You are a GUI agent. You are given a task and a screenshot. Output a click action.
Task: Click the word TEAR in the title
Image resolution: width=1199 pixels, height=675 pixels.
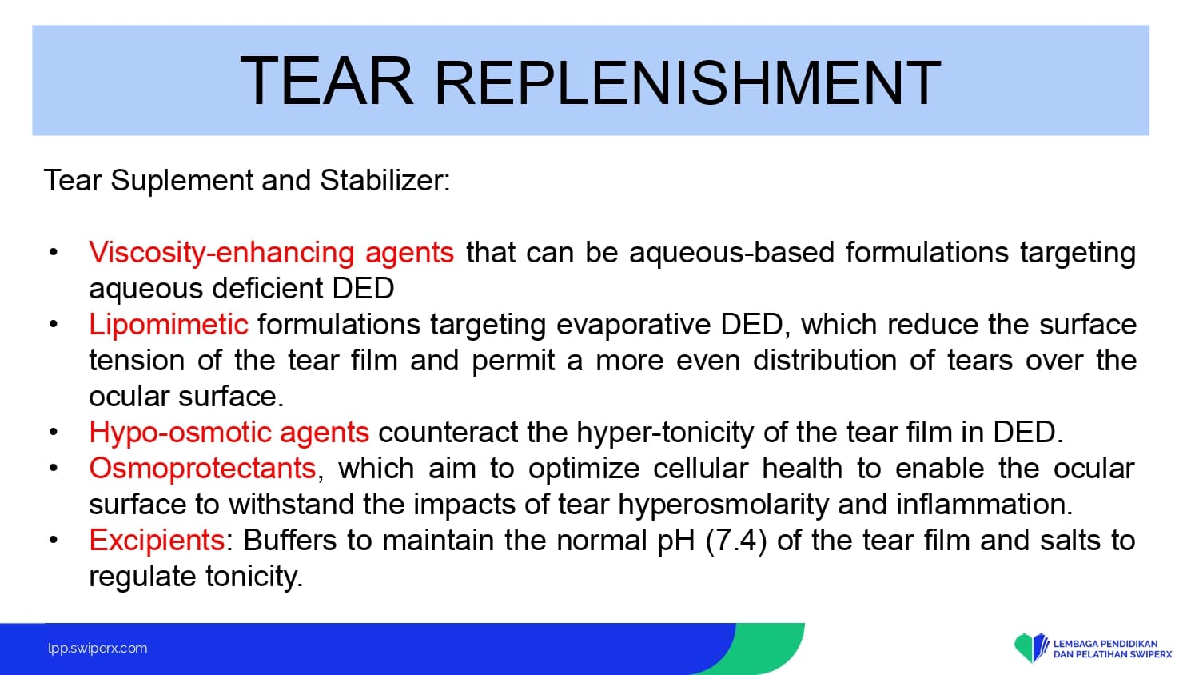[327, 82]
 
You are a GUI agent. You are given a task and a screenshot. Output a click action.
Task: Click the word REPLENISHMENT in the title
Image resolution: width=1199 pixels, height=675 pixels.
[687, 83]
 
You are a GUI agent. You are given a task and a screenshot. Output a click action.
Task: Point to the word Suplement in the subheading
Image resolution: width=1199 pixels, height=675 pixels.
[181, 181]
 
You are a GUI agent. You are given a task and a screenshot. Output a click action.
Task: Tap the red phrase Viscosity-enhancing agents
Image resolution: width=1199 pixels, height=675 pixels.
[272, 253]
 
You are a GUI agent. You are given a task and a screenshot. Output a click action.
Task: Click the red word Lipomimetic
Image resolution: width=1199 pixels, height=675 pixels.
[169, 325]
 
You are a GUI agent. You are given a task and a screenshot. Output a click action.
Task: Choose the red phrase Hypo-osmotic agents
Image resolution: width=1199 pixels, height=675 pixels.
[229, 433]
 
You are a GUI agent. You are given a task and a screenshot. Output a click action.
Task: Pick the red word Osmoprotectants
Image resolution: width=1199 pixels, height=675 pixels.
[202, 468]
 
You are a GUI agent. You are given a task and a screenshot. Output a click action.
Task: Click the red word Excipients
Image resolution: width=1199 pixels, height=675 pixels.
[157, 541]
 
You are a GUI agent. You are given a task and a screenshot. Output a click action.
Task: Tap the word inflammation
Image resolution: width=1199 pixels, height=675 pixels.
[984, 505]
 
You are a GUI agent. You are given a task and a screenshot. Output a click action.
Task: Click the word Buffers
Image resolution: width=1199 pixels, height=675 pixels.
[290, 541]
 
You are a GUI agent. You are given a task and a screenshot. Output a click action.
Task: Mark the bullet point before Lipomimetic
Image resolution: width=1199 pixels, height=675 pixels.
[53, 324]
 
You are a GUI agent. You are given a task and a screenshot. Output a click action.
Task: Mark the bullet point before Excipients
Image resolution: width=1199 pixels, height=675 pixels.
[53, 540]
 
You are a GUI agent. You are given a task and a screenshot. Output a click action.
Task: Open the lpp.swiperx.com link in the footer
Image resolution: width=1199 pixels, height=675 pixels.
[98, 649]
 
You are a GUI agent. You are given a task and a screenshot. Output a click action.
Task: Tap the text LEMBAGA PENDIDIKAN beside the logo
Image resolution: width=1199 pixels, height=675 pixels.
[1105, 644]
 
